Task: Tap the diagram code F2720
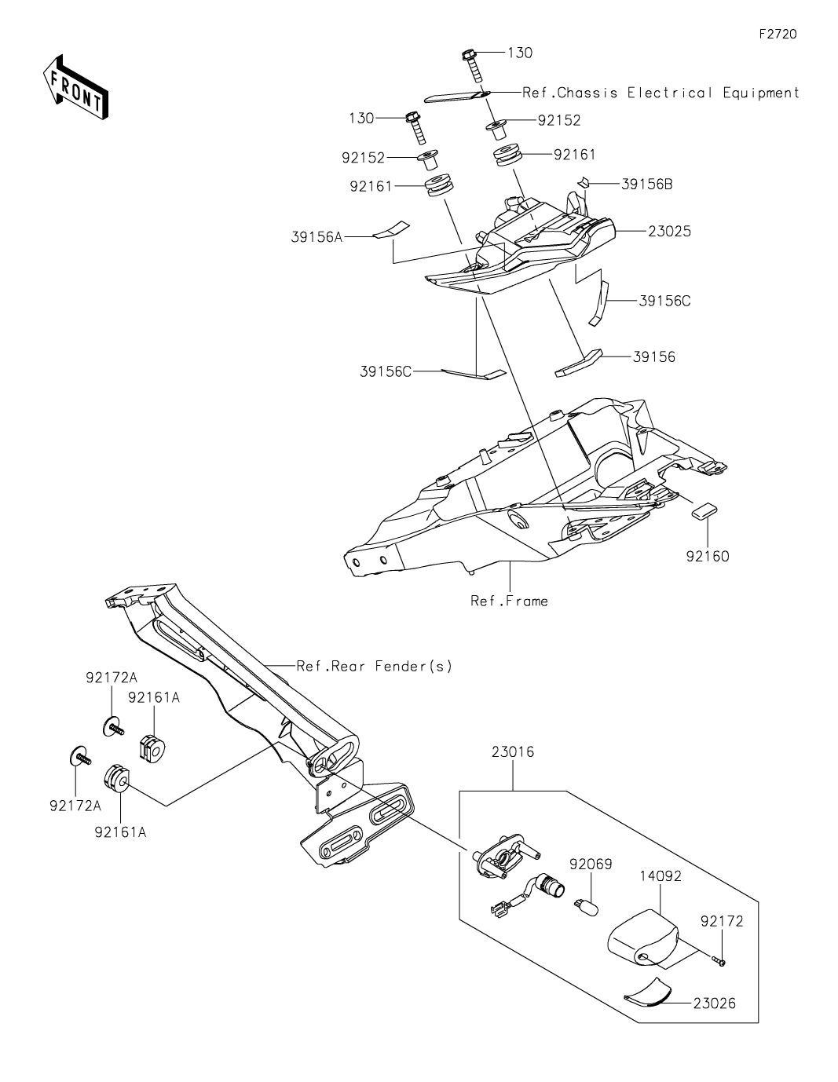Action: tap(778, 34)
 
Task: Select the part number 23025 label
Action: tap(669, 232)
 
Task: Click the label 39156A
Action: tap(317, 237)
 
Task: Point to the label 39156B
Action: tap(647, 185)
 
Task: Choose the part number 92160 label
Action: tap(708, 556)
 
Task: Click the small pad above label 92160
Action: tap(704, 511)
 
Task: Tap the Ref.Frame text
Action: tap(509, 601)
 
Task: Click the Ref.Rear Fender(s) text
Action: tap(375, 666)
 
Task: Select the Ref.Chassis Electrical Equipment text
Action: tap(661, 93)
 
